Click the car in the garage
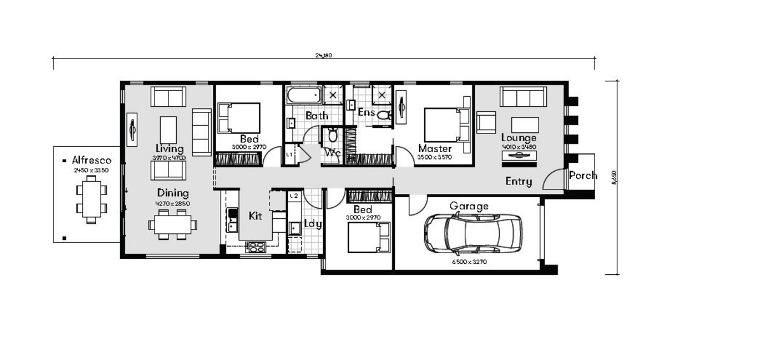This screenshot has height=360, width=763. coord(473,233)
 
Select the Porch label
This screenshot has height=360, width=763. coord(582,176)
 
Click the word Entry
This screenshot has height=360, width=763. coord(519,181)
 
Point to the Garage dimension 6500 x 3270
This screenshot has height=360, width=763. coord(469,262)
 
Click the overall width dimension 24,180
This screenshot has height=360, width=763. coord(324,55)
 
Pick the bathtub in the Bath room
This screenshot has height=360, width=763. coord(304,96)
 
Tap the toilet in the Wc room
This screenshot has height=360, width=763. coord(332,135)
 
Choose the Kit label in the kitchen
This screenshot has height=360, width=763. coord(256,216)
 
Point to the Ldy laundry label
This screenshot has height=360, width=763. coord(313,224)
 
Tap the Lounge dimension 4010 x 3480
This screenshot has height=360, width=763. coord(519,147)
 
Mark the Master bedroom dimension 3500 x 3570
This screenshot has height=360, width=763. coord(435,157)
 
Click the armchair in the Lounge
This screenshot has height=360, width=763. coord(486,122)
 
